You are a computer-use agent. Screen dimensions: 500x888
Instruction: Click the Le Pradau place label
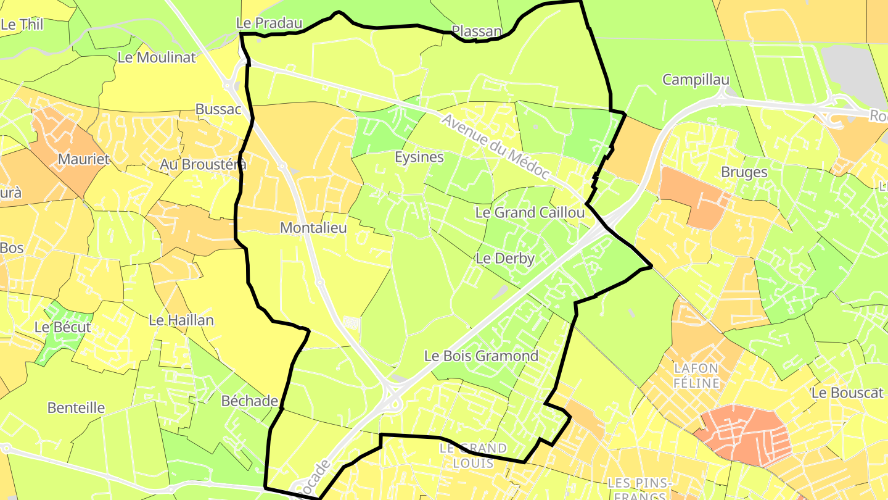click(269, 23)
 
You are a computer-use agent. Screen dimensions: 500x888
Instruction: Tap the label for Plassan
click(477, 31)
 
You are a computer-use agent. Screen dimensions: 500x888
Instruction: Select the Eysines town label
click(419, 157)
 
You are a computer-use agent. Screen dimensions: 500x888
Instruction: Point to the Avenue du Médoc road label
click(495, 147)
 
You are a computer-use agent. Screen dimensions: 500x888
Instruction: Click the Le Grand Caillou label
click(530, 212)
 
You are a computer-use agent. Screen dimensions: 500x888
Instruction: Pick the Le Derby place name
click(505, 259)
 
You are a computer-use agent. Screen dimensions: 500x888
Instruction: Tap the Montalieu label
click(313, 228)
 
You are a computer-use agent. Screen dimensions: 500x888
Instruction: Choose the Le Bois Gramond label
click(481, 356)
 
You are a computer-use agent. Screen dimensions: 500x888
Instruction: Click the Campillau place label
click(696, 80)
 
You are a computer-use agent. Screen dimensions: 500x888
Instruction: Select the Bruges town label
click(744, 172)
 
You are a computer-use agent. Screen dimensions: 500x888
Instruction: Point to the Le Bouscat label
click(847, 393)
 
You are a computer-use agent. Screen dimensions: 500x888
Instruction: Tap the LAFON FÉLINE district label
click(697, 375)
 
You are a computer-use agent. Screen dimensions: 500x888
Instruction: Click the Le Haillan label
click(181, 320)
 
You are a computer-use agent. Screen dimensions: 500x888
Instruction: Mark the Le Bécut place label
click(63, 327)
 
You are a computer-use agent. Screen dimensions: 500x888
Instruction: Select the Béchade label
click(250, 401)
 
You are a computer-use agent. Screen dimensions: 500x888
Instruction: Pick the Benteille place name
click(76, 408)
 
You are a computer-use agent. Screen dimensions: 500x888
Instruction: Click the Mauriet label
click(84, 159)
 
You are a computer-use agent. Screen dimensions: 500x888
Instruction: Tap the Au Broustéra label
click(203, 164)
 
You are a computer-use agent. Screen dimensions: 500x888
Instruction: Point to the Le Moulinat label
click(157, 58)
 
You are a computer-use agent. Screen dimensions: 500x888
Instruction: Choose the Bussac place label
click(217, 109)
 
